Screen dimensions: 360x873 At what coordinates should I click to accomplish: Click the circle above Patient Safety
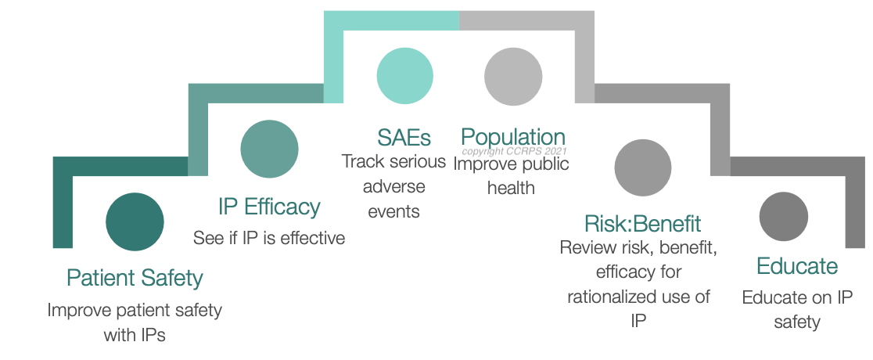[135, 221]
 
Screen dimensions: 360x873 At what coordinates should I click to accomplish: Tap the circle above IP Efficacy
[269, 149]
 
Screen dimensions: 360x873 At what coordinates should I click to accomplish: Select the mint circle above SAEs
[404, 76]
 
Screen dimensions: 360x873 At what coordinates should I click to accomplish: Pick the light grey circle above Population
[512, 76]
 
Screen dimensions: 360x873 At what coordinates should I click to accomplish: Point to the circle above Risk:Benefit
[642, 167]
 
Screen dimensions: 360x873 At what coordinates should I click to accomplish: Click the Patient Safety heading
[135, 278]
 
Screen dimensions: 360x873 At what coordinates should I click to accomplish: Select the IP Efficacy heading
[269, 207]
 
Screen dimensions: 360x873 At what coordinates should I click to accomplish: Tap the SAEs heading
[404, 138]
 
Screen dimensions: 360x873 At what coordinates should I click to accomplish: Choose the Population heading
[512, 138]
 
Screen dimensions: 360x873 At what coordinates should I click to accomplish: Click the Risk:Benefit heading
[642, 223]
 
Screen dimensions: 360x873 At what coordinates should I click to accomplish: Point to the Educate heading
[796, 266]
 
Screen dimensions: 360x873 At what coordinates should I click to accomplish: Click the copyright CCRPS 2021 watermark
[514, 151]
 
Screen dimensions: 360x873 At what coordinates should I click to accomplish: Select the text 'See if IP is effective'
[269, 238]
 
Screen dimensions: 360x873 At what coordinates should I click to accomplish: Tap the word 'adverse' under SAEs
[393, 187]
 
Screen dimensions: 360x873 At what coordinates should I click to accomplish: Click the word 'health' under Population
[511, 188]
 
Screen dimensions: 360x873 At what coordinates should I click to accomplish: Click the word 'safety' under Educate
[796, 322]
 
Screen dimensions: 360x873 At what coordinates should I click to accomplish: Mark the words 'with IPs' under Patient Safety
[135, 336]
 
